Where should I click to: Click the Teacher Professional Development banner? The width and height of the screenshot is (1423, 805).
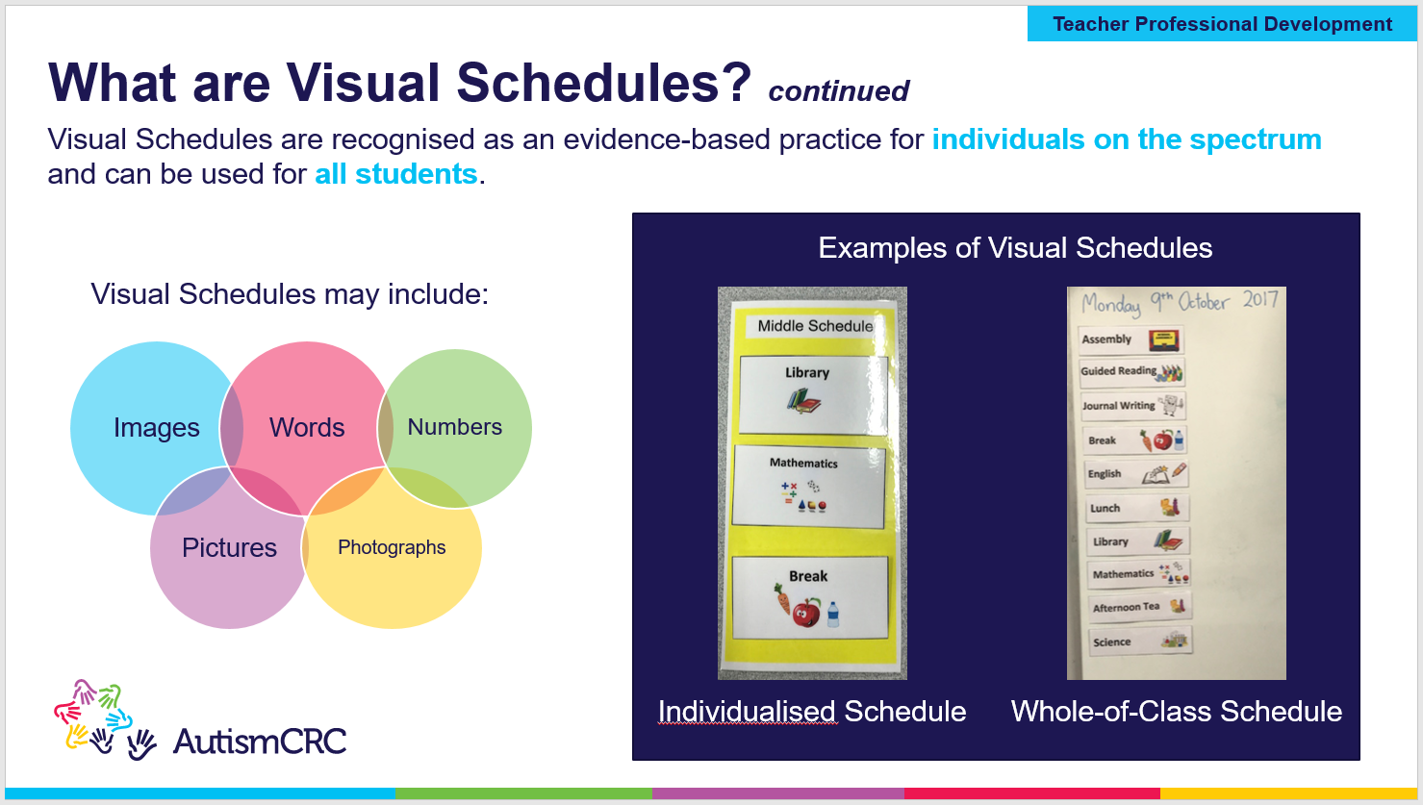1222,24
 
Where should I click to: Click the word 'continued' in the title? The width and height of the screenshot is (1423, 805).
838,91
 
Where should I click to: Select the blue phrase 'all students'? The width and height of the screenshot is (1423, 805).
395,174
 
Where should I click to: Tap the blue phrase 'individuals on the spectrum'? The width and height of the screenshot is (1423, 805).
1126,139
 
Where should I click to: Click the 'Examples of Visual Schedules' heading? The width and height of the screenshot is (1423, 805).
1015,248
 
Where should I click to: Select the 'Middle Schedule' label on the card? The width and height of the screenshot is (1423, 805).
814,326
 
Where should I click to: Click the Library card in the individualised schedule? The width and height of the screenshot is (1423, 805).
812,393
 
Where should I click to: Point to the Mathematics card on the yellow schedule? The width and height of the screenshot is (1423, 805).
808,486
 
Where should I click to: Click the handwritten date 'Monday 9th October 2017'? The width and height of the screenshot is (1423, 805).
1179,302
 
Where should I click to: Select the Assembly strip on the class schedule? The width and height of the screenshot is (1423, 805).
1131,340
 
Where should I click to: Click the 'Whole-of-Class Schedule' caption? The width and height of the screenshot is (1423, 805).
1176,712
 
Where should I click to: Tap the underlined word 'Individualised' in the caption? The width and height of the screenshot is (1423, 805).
747,712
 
